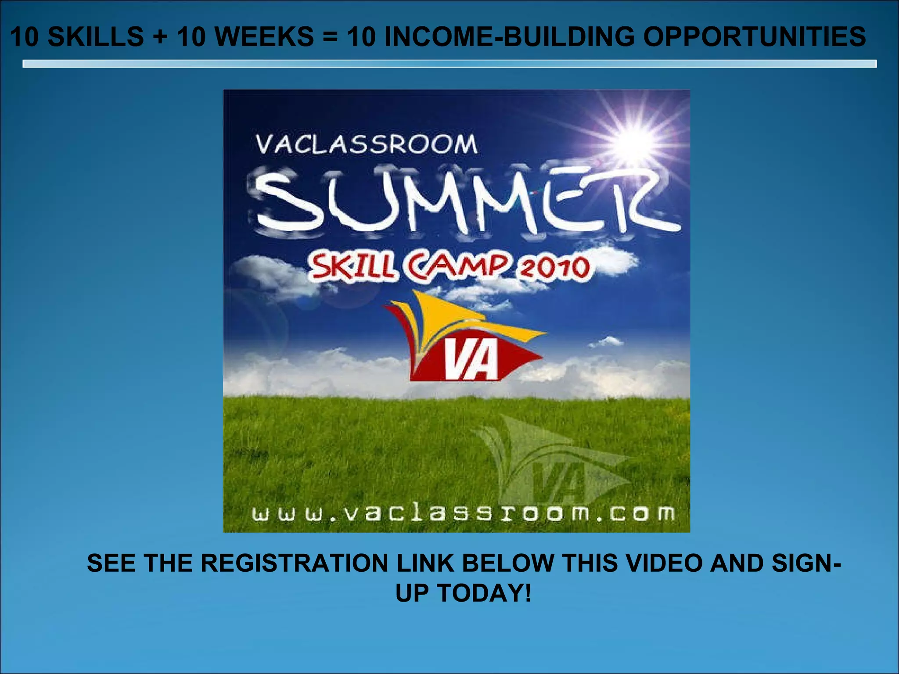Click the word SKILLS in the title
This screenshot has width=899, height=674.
pyautogui.click(x=95, y=36)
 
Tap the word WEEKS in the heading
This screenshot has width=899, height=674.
pyautogui.click(x=264, y=36)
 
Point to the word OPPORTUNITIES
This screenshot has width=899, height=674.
pyautogui.click(x=755, y=36)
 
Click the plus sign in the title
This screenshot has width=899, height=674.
pyautogui.click(x=160, y=37)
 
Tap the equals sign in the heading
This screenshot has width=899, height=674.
pyautogui.click(x=331, y=37)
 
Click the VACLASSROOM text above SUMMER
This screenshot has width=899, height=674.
pyautogui.click(x=367, y=144)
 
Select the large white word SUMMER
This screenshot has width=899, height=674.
pyautogui.click(x=465, y=202)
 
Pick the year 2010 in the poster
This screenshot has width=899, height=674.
pyautogui.click(x=555, y=268)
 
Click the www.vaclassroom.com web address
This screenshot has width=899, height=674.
pyautogui.click(x=463, y=513)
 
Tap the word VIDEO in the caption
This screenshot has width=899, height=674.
pyautogui.click(x=665, y=563)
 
